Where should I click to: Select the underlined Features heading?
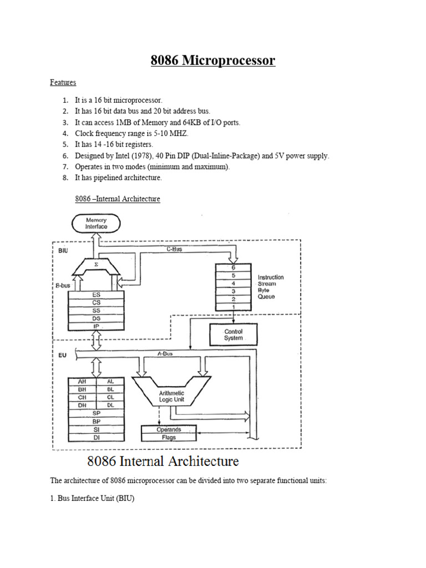point(63,82)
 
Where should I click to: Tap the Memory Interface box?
point(96,224)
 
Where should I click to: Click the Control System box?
point(233,335)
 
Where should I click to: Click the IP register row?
point(96,327)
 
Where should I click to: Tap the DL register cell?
point(110,405)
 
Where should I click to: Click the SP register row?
point(96,413)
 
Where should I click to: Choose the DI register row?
point(96,438)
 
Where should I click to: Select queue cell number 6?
point(234,267)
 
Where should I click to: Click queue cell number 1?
point(234,307)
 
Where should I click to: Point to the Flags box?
point(169,437)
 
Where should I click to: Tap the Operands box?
point(169,429)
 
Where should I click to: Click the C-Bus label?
point(174,249)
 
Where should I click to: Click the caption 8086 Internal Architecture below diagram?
point(163,461)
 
